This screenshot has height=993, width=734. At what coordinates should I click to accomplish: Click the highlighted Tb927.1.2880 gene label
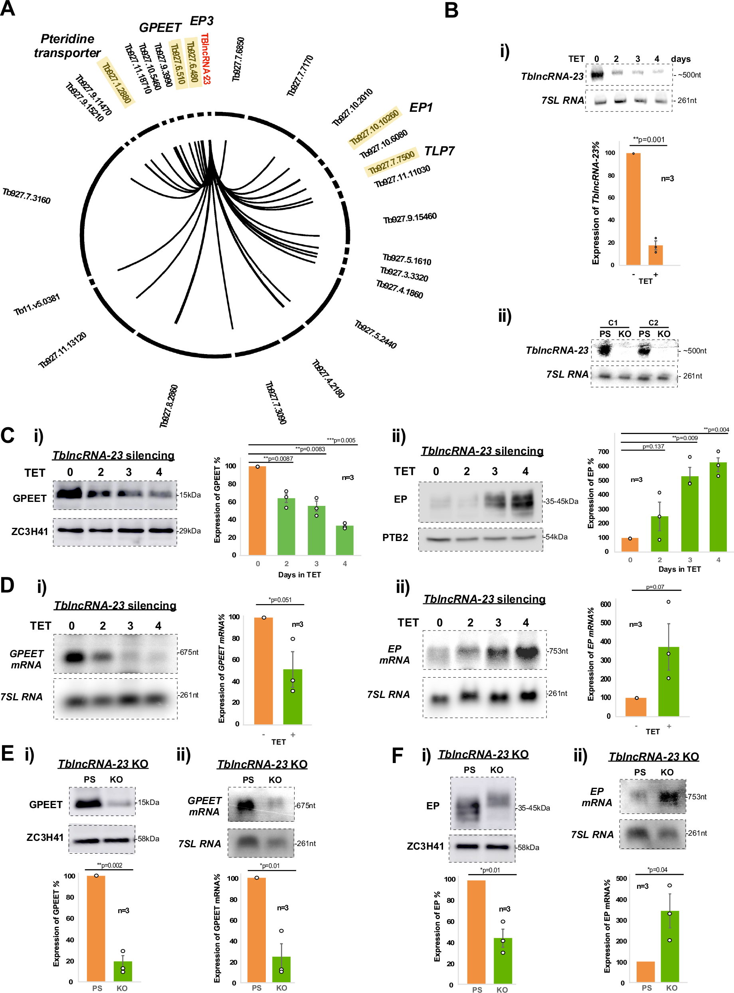tap(117, 83)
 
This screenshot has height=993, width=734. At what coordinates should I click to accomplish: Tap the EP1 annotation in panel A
tap(420, 107)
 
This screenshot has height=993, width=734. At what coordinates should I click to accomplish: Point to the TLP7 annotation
tap(439, 151)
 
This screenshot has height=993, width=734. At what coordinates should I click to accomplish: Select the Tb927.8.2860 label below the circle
tap(169, 406)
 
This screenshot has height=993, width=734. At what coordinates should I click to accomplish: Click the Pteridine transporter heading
tap(67, 46)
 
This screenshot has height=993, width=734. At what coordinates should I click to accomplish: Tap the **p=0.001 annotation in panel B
tap(649, 140)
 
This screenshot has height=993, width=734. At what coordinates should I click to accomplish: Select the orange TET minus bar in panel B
tap(633, 209)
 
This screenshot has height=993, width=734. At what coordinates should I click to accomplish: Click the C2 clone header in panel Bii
tap(653, 323)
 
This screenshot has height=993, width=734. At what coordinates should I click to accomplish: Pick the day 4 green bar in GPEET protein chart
tap(345, 540)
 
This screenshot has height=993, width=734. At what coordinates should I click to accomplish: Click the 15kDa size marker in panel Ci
tap(190, 495)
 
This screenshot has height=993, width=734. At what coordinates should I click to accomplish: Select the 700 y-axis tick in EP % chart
tap(603, 452)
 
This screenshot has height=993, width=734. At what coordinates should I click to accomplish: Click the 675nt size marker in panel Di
tap(189, 652)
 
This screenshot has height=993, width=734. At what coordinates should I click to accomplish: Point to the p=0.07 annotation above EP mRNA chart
tap(655, 587)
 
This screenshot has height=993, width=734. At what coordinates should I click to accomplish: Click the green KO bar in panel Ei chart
tap(123, 971)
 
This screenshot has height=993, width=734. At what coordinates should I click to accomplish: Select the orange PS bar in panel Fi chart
tap(476, 932)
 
